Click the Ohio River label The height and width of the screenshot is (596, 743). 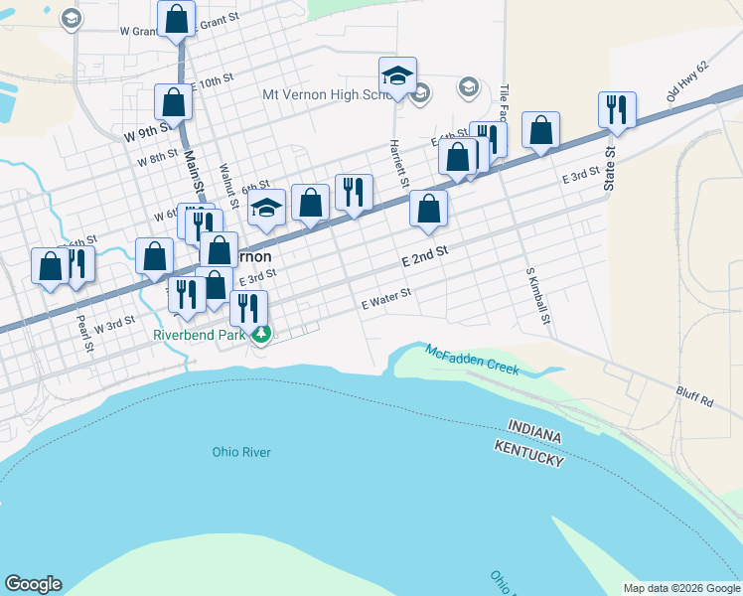tap(241, 453)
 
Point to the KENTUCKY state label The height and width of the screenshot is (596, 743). tap(529, 453)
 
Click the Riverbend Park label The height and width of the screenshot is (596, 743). tap(198, 335)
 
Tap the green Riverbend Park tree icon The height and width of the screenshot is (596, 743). tap(260, 335)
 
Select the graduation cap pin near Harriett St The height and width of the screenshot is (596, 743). tap(396, 76)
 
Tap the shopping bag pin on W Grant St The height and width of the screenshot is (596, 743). tap(176, 20)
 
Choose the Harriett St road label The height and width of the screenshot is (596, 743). tap(402, 160)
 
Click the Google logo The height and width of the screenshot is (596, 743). tap(33, 584)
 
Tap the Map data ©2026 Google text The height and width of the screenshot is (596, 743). tap(680, 588)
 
